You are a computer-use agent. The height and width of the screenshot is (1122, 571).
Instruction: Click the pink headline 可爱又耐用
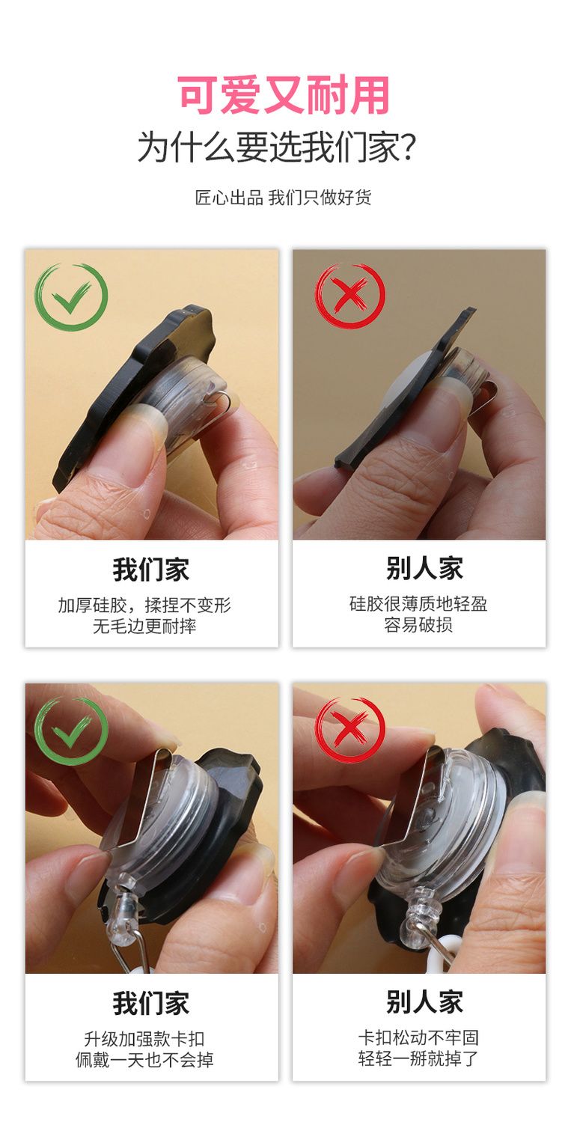(x=284, y=94)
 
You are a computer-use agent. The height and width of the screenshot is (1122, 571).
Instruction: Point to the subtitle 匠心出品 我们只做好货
(x=283, y=198)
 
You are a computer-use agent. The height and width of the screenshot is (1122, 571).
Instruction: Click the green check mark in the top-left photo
(x=71, y=296)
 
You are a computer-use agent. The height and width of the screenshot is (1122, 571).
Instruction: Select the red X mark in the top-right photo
(x=349, y=296)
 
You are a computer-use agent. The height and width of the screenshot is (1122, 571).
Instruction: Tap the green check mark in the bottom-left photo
(x=71, y=731)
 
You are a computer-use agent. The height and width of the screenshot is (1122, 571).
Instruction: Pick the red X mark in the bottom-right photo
(x=350, y=730)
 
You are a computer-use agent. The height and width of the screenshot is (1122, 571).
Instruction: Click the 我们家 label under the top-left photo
(x=150, y=570)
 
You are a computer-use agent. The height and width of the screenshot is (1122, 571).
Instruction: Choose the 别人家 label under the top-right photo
(x=424, y=568)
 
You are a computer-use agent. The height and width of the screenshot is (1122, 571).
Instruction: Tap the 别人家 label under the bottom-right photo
(x=424, y=1001)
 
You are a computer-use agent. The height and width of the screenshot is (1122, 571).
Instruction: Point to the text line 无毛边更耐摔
(x=144, y=626)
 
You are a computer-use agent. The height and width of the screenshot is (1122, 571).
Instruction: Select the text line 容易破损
(x=418, y=624)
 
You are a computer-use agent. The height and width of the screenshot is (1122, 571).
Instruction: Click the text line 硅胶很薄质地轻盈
(x=418, y=603)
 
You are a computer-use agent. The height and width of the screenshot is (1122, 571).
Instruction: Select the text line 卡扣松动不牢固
(x=418, y=1037)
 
